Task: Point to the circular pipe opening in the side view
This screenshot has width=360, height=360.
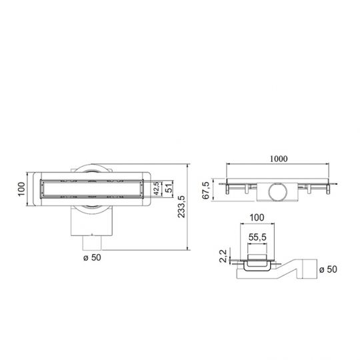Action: (x=278, y=193)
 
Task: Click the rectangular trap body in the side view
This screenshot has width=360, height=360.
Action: (x=278, y=192)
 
